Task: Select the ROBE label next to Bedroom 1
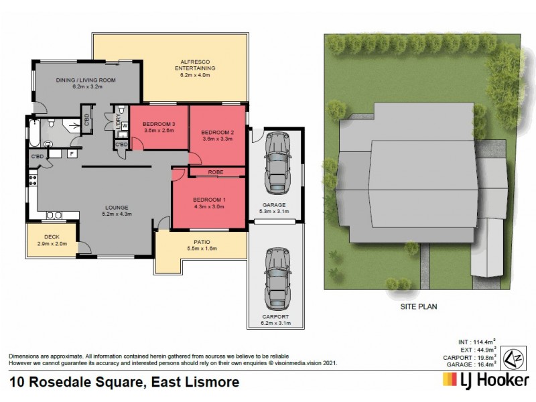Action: click(216, 172)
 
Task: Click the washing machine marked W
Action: click(125, 126)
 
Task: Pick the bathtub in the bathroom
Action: click(33, 131)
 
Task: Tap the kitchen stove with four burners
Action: click(32, 180)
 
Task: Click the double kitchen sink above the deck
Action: click(54, 215)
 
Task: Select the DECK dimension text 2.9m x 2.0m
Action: click(52, 244)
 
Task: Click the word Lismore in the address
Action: click(210, 383)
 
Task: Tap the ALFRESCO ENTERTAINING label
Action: click(195, 64)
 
